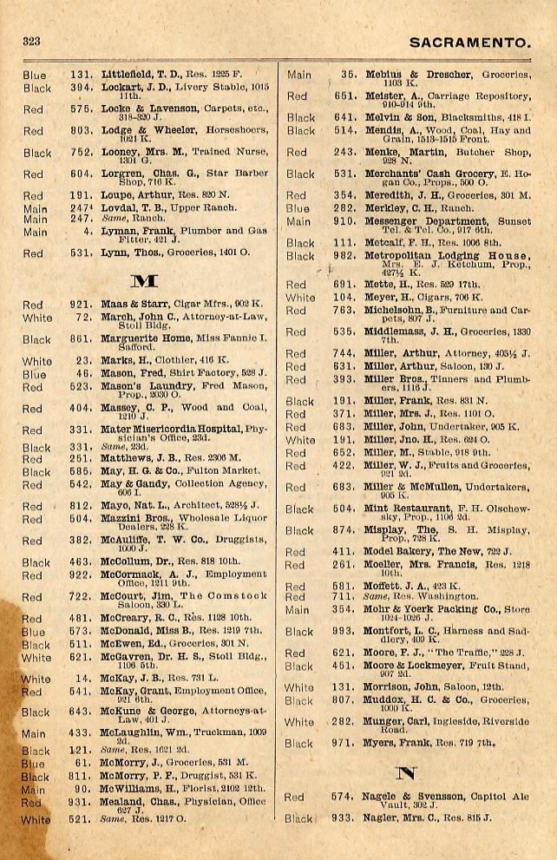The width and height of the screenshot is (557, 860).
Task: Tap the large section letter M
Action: click(141, 281)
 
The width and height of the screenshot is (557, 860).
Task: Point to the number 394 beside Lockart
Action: click(81, 88)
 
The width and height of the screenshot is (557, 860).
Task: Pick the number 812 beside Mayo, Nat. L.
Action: click(81, 507)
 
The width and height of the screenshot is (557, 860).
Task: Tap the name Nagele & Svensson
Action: click(405, 796)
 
